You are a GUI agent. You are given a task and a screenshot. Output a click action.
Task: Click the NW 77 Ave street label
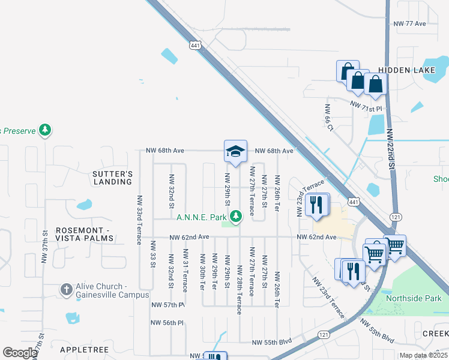[x=409, y=23]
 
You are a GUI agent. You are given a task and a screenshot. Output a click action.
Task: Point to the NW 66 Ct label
[x=328, y=118]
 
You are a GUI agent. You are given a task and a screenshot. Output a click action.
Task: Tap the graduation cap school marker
[x=235, y=152]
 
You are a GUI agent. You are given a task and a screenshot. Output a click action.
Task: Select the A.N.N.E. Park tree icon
[x=237, y=214]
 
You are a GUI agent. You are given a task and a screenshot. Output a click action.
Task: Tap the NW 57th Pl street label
[x=167, y=305]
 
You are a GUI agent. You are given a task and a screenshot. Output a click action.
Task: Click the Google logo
[x=20, y=352]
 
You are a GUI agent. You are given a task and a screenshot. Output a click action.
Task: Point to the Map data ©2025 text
[x=423, y=355]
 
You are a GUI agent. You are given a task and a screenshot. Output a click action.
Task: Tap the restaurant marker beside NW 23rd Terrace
[x=317, y=205]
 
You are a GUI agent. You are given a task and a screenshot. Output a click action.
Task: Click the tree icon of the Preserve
[x=44, y=130]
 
